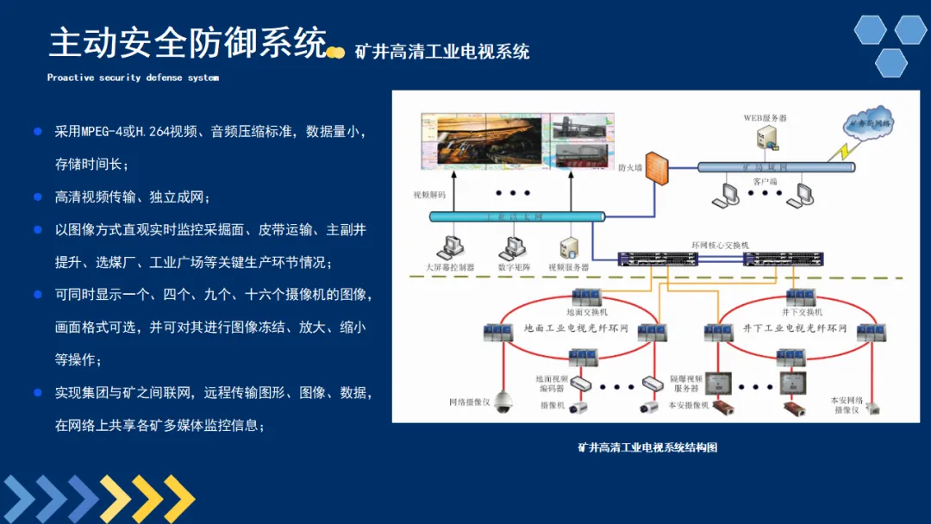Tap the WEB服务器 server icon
click(766, 137)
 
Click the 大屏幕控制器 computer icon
click(449, 247)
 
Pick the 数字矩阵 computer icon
click(509, 247)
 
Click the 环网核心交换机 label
click(722, 246)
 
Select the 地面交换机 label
click(587, 312)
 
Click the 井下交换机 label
click(801, 312)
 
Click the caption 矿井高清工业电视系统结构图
click(647, 447)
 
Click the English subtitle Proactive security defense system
click(133, 78)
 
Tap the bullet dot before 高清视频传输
click(37, 197)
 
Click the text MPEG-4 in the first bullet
click(100, 132)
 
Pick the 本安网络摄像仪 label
click(847, 405)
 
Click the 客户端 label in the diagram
click(765, 182)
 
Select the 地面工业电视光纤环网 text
click(576, 328)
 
